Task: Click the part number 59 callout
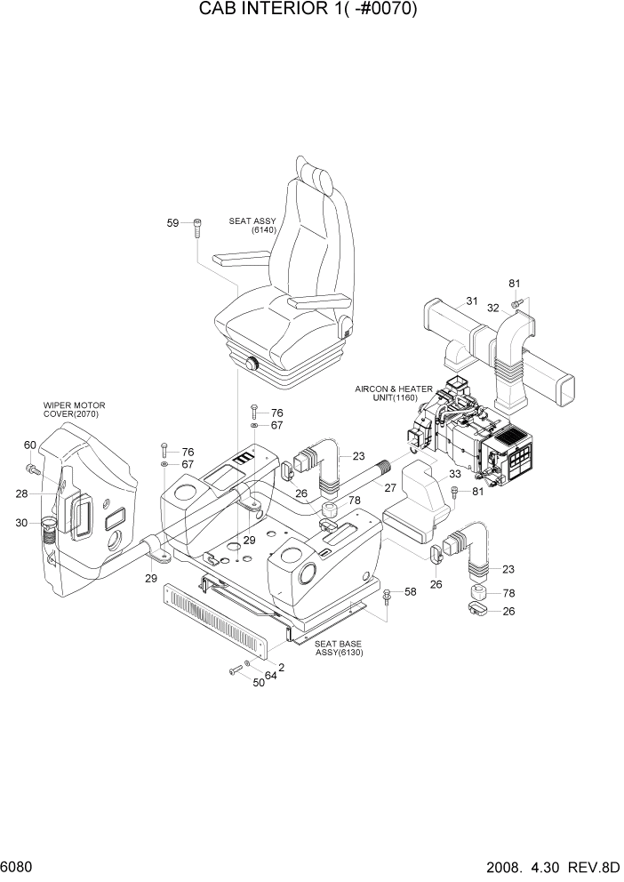pos(173,223)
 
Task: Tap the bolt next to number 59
pos(196,228)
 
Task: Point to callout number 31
pos(472,301)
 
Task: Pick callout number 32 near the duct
pos(492,308)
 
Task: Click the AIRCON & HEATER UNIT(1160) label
pos(394,393)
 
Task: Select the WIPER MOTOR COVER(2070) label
pos(70,409)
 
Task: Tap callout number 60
pos(29,445)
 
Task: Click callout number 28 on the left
pos(21,493)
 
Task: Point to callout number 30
pos(21,523)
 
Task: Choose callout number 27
pos(389,487)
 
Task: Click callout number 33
pos(454,474)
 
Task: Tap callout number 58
pos(411,591)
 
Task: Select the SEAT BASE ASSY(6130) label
pos(339,648)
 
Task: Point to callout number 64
pos(270,676)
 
